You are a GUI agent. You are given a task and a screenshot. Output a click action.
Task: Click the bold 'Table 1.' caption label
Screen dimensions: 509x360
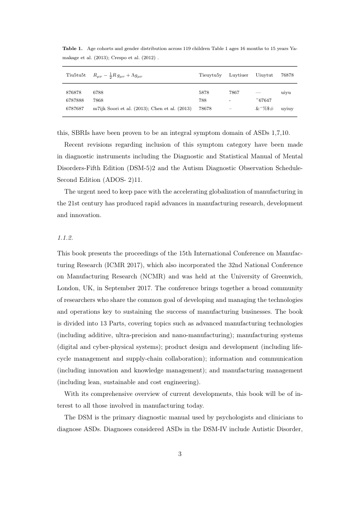coord(72,48)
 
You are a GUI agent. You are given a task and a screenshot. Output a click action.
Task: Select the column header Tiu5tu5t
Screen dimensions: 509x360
coord(76,75)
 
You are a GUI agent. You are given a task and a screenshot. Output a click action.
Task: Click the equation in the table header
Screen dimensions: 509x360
coord(118,75)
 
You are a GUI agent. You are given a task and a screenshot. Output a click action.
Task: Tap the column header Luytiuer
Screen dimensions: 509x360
coord(239,75)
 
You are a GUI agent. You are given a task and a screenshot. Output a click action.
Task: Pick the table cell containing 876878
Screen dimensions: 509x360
coord(74,92)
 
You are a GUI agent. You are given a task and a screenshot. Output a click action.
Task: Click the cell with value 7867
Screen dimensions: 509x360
coord(234,92)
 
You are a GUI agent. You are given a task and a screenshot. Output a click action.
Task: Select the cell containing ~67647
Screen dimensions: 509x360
coord(263,100)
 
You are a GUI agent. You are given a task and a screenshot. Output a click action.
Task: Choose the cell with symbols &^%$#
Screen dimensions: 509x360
coord(264,109)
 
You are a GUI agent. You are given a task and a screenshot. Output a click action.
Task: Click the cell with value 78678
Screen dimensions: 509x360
coord(205,109)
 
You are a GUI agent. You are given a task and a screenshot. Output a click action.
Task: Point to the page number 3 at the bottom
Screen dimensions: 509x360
coord(180,454)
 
